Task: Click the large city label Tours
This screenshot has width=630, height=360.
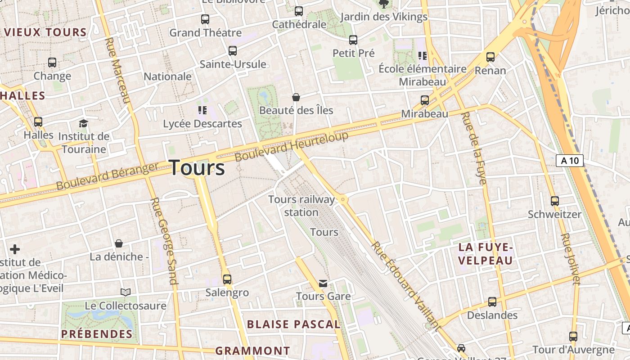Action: pyautogui.click(x=197, y=168)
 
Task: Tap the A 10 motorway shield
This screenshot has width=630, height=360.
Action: pyautogui.click(x=570, y=161)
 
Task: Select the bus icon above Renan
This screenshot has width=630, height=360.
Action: pyautogui.click(x=490, y=57)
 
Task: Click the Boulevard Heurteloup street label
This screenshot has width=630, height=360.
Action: pyautogui.click(x=292, y=147)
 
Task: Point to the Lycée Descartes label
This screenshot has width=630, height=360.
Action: pyautogui.click(x=202, y=123)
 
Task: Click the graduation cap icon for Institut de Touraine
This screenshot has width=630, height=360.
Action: pyautogui.click(x=83, y=123)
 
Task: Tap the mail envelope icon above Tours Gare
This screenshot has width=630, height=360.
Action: pyautogui.click(x=323, y=283)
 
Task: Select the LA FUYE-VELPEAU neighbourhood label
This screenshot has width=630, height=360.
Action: pyautogui.click(x=486, y=254)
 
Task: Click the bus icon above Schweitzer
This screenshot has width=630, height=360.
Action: pyautogui.click(x=555, y=201)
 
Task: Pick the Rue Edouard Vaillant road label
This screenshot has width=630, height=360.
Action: pyautogui.click(x=405, y=286)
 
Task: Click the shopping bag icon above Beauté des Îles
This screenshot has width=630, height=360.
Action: pyautogui.click(x=296, y=97)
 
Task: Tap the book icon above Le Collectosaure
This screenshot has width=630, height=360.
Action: pyautogui.click(x=126, y=292)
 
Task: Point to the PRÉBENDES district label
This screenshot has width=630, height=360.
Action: pyautogui.click(x=97, y=334)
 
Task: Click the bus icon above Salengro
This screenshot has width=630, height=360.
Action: pyautogui.click(x=227, y=279)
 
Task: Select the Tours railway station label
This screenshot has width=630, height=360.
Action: pyautogui.click(x=301, y=206)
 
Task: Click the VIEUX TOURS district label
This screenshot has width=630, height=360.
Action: pyautogui.click(x=45, y=32)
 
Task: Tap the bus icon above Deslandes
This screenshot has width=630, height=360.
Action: pyautogui.click(x=492, y=302)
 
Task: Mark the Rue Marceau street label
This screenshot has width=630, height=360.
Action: pyautogui.click(x=117, y=70)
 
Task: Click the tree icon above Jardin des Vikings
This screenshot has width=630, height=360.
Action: pyautogui.click(x=384, y=4)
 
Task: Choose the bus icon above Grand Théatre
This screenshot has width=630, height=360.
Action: pyautogui.click(x=205, y=19)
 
